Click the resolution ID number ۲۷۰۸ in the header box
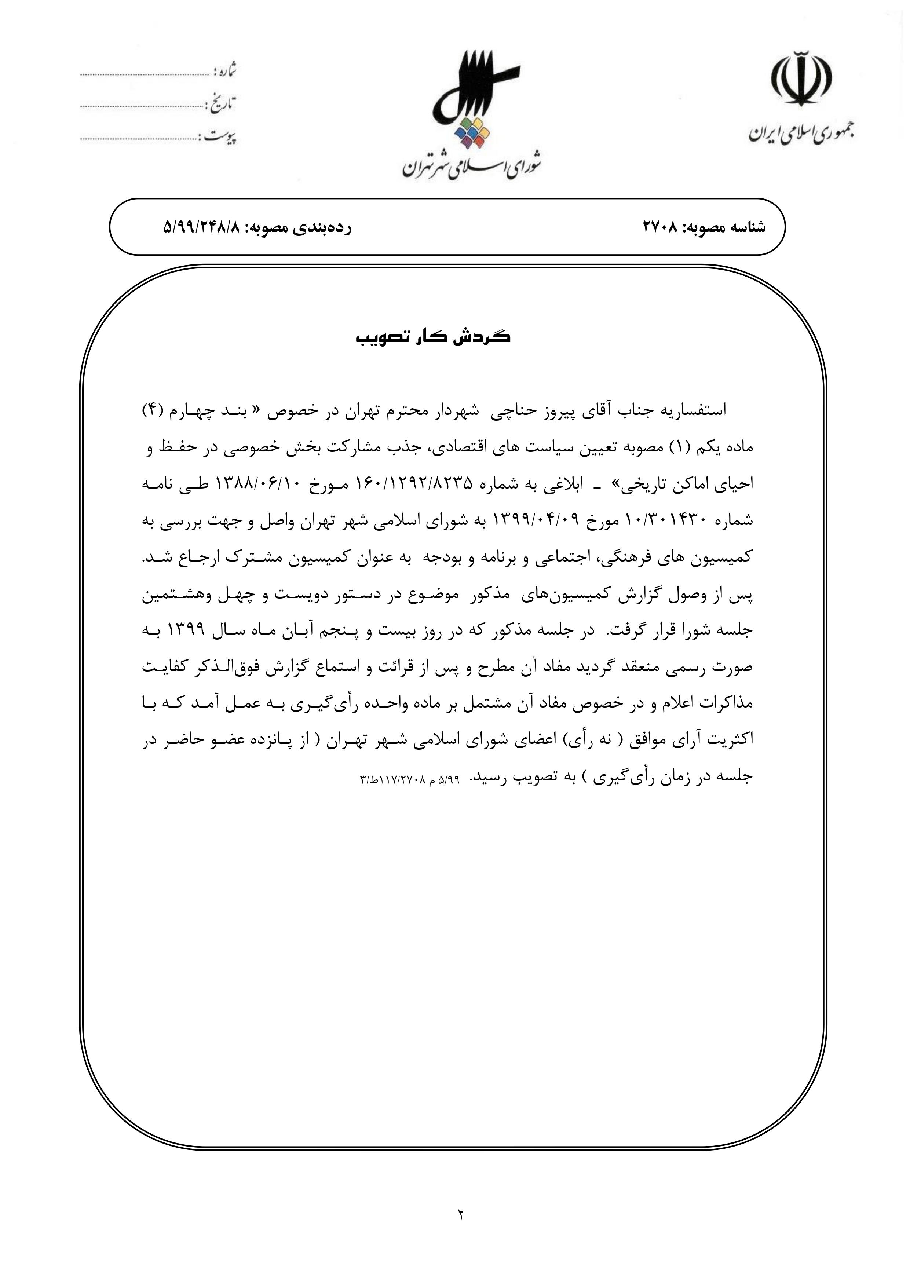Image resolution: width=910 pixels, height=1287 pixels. coord(661,227)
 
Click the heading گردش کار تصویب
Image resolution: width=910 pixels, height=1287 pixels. coord(434,338)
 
